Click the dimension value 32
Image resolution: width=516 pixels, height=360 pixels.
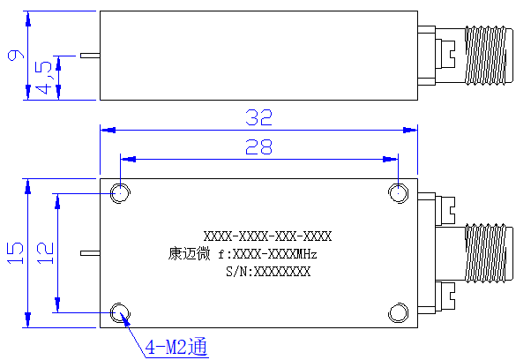coord(259,117)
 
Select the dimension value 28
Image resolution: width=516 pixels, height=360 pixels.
coord(259,146)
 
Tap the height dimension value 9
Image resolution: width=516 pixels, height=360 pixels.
coord(16,55)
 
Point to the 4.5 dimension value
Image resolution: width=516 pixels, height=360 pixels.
coord(43,78)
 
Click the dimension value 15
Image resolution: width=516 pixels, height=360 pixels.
coord(16,252)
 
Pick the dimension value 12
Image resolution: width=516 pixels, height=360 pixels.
coord(45,252)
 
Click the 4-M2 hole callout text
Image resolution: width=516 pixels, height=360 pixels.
coord(176,346)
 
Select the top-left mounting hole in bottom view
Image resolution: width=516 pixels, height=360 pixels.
coord(120,193)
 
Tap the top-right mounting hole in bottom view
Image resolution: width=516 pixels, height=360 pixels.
coord(398,193)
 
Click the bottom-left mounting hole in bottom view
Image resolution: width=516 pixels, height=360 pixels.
coord(120,312)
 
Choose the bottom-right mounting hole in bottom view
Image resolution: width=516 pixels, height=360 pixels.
coord(398,312)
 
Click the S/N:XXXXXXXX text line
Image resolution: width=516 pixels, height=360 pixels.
coord(268,272)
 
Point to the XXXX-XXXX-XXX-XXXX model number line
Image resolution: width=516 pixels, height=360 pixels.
coord(267,236)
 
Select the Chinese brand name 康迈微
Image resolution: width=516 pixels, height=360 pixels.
coord(189,254)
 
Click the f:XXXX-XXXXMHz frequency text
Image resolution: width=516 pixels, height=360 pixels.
coord(267,254)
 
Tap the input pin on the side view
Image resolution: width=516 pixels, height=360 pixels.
coord(90,56)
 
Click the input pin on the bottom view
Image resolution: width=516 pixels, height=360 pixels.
coord(90,253)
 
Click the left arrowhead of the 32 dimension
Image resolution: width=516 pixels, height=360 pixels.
coord(108,130)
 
